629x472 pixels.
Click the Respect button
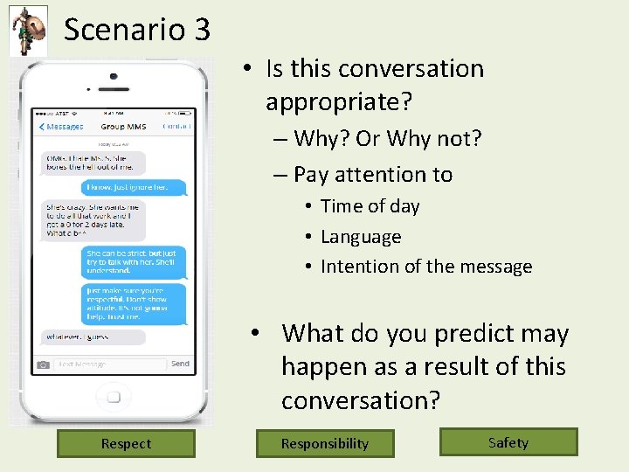[126, 443]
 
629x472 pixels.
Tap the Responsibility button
[325, 443]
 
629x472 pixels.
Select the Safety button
[508, 442]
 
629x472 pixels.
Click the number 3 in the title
[201, 30]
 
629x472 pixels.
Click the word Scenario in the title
[124, 30]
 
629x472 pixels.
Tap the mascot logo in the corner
[28, 30]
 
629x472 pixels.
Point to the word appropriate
[338, 102]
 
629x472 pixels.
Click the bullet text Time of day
[370, 206]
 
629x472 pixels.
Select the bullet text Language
[361, 237]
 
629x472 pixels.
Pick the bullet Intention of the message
[426, 267]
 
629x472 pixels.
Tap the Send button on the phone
[180, 364]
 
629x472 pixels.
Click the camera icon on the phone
[43, 364]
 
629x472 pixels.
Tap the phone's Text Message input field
[109, 364]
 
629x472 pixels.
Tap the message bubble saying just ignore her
[135, 187]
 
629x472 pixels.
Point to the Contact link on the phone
[177, 127]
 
